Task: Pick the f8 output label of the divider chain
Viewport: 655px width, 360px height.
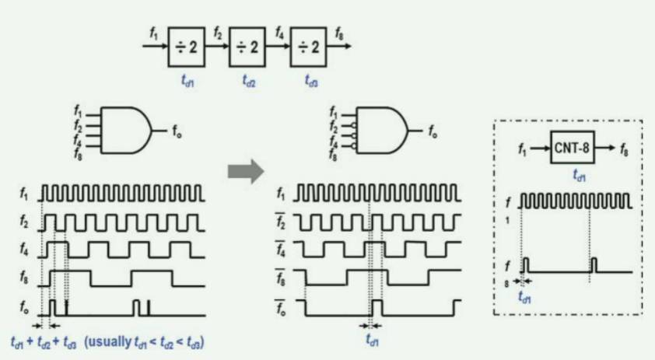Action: tap(340, 33)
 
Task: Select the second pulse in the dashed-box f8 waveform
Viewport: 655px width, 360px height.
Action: tap(594, 264)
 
